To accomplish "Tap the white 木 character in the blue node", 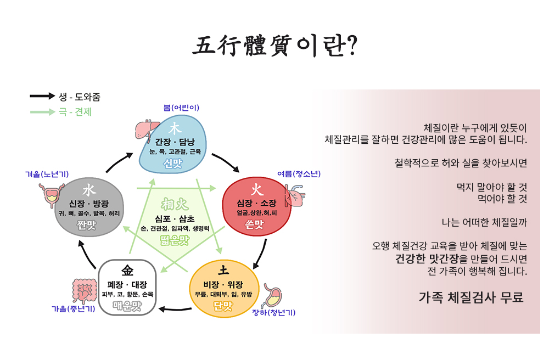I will [x=175, y=128].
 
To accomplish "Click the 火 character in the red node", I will [x=256, y=190].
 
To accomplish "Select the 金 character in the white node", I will [x=128, y=271].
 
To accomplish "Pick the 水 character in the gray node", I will [x=89, y=190].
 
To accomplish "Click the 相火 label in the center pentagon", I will [x=175, y=205].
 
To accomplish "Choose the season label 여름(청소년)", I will [x=299, y=174].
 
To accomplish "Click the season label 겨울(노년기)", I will [x=47, y=174].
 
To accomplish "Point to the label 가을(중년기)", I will [x=74, y=309].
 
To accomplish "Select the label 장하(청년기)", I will [x=274, y=313].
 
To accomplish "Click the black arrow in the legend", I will [x=42, y=96].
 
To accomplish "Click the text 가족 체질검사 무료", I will [x=471, y=297].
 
